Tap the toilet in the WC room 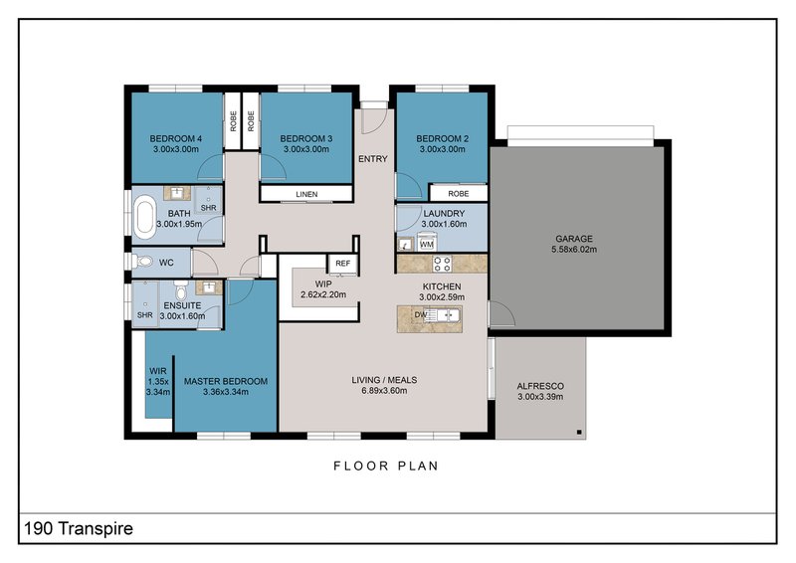pos(143,262)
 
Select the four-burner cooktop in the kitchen pos(442,264)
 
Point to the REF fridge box pos(342,264)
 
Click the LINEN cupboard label pos(306,194)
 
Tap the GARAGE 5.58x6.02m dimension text pos(574,250)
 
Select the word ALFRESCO pos(540,386)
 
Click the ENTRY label pos(372,159)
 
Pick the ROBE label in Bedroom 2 pos(459,193)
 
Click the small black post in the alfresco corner pos(579,433)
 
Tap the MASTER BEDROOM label pos(226,381)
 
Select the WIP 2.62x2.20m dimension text pos(323,294)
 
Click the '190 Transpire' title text pos(79,528)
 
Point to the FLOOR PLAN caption pos(386,467)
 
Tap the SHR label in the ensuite pos(144,315)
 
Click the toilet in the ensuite pos(180,289)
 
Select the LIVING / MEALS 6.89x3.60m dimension pos(384,391)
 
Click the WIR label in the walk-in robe pos(158,371)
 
